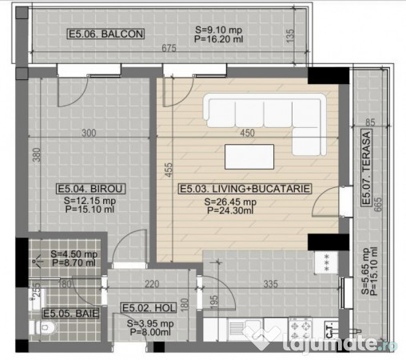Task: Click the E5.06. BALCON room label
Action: (105, 34)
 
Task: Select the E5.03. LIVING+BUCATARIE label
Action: (244, 190)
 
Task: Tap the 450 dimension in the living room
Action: (248, 134)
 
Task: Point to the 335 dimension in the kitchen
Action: (272, 282)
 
